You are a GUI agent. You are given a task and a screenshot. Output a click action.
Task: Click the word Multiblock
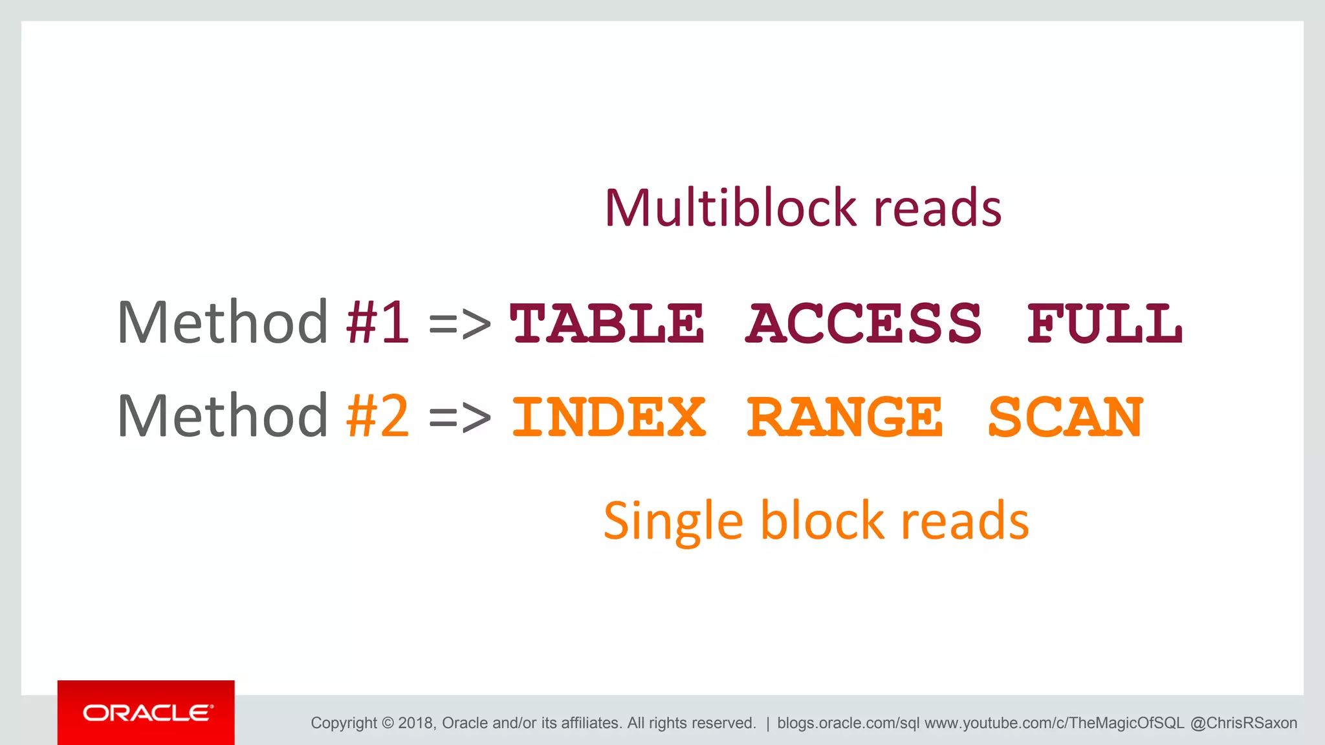(x=731, y=208)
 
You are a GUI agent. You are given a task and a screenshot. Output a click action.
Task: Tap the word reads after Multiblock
(x=937, y=208)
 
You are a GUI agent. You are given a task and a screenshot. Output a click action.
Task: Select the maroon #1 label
(x=377, y=322)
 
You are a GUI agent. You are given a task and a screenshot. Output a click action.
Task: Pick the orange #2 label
(x=377, y=416)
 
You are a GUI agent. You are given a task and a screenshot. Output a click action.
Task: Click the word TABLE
(x=607, y=323)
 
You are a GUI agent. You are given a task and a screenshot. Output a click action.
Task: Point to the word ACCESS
(x=864, y=323)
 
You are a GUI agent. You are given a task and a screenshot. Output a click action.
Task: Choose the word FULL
(x=1105, y=323)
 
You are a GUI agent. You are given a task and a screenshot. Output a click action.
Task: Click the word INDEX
(x=608, y=418)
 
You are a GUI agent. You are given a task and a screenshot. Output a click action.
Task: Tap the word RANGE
(x=845, y=418)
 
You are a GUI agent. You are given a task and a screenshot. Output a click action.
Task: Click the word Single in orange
(x=673, y=521)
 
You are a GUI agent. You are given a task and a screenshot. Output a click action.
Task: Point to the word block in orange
(x=822, y=520)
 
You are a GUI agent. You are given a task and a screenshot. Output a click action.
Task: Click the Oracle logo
(x=146, y=713)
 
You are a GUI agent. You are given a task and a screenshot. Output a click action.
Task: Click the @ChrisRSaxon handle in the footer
(x=1243, y=723)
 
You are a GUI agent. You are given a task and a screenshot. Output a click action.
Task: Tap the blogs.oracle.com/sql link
(x=848, y=723)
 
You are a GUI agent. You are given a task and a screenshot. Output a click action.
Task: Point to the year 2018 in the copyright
(x=416, y=723)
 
